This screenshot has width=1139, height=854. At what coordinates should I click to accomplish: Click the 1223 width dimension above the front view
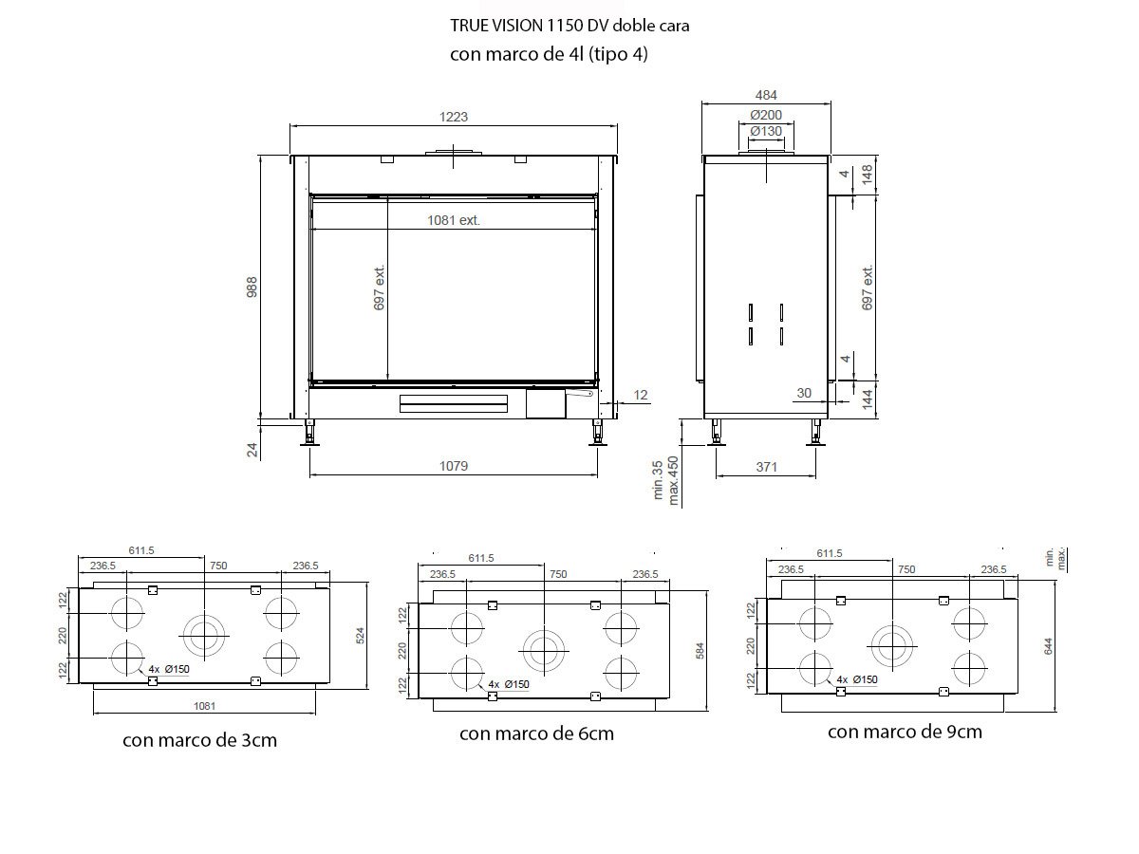(454, 117)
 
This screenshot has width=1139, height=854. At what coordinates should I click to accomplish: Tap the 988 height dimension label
(252, 288)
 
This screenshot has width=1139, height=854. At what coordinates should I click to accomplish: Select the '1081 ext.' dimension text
(454, 220)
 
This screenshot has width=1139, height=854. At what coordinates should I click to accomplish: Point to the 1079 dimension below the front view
(454, 466)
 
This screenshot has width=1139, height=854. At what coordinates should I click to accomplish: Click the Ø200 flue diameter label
(766, 115)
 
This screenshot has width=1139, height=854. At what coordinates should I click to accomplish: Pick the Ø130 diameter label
(766, 132)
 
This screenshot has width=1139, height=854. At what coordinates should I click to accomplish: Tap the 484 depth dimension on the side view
(766, 96)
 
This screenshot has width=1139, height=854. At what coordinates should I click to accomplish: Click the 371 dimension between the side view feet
(766, 467)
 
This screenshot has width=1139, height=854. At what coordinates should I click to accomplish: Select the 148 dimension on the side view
(868, 175)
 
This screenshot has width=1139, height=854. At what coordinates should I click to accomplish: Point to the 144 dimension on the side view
(868, 399)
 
